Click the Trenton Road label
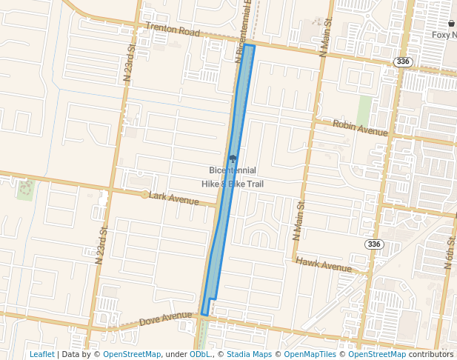coord(173,30)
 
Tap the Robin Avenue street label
coord(360,128)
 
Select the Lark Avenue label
coord(174,199)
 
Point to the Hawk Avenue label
coord(323,264)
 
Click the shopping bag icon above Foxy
coord(450,24)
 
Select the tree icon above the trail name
coord(233,158)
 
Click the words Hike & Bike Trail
coord(233,184)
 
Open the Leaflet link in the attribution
coord(41,354)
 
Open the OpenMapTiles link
coord(310,354)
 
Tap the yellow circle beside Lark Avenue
coord(144,195)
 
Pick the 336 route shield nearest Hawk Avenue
coord(374,244)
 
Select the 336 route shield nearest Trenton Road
coord(403,61)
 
